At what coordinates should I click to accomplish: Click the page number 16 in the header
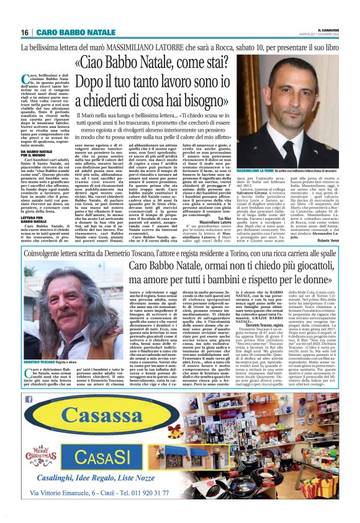(x=25, y=32)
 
